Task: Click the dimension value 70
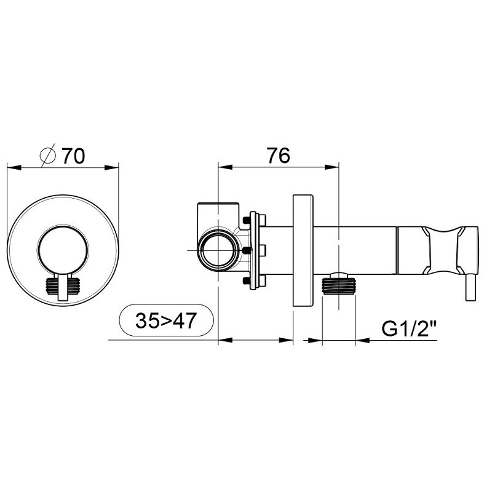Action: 73,156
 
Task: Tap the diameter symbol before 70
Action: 48,156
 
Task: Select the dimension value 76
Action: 279,155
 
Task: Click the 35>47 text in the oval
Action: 166,320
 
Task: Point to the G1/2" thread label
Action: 409,328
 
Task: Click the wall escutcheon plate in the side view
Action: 303,250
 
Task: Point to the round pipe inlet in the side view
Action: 218,250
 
